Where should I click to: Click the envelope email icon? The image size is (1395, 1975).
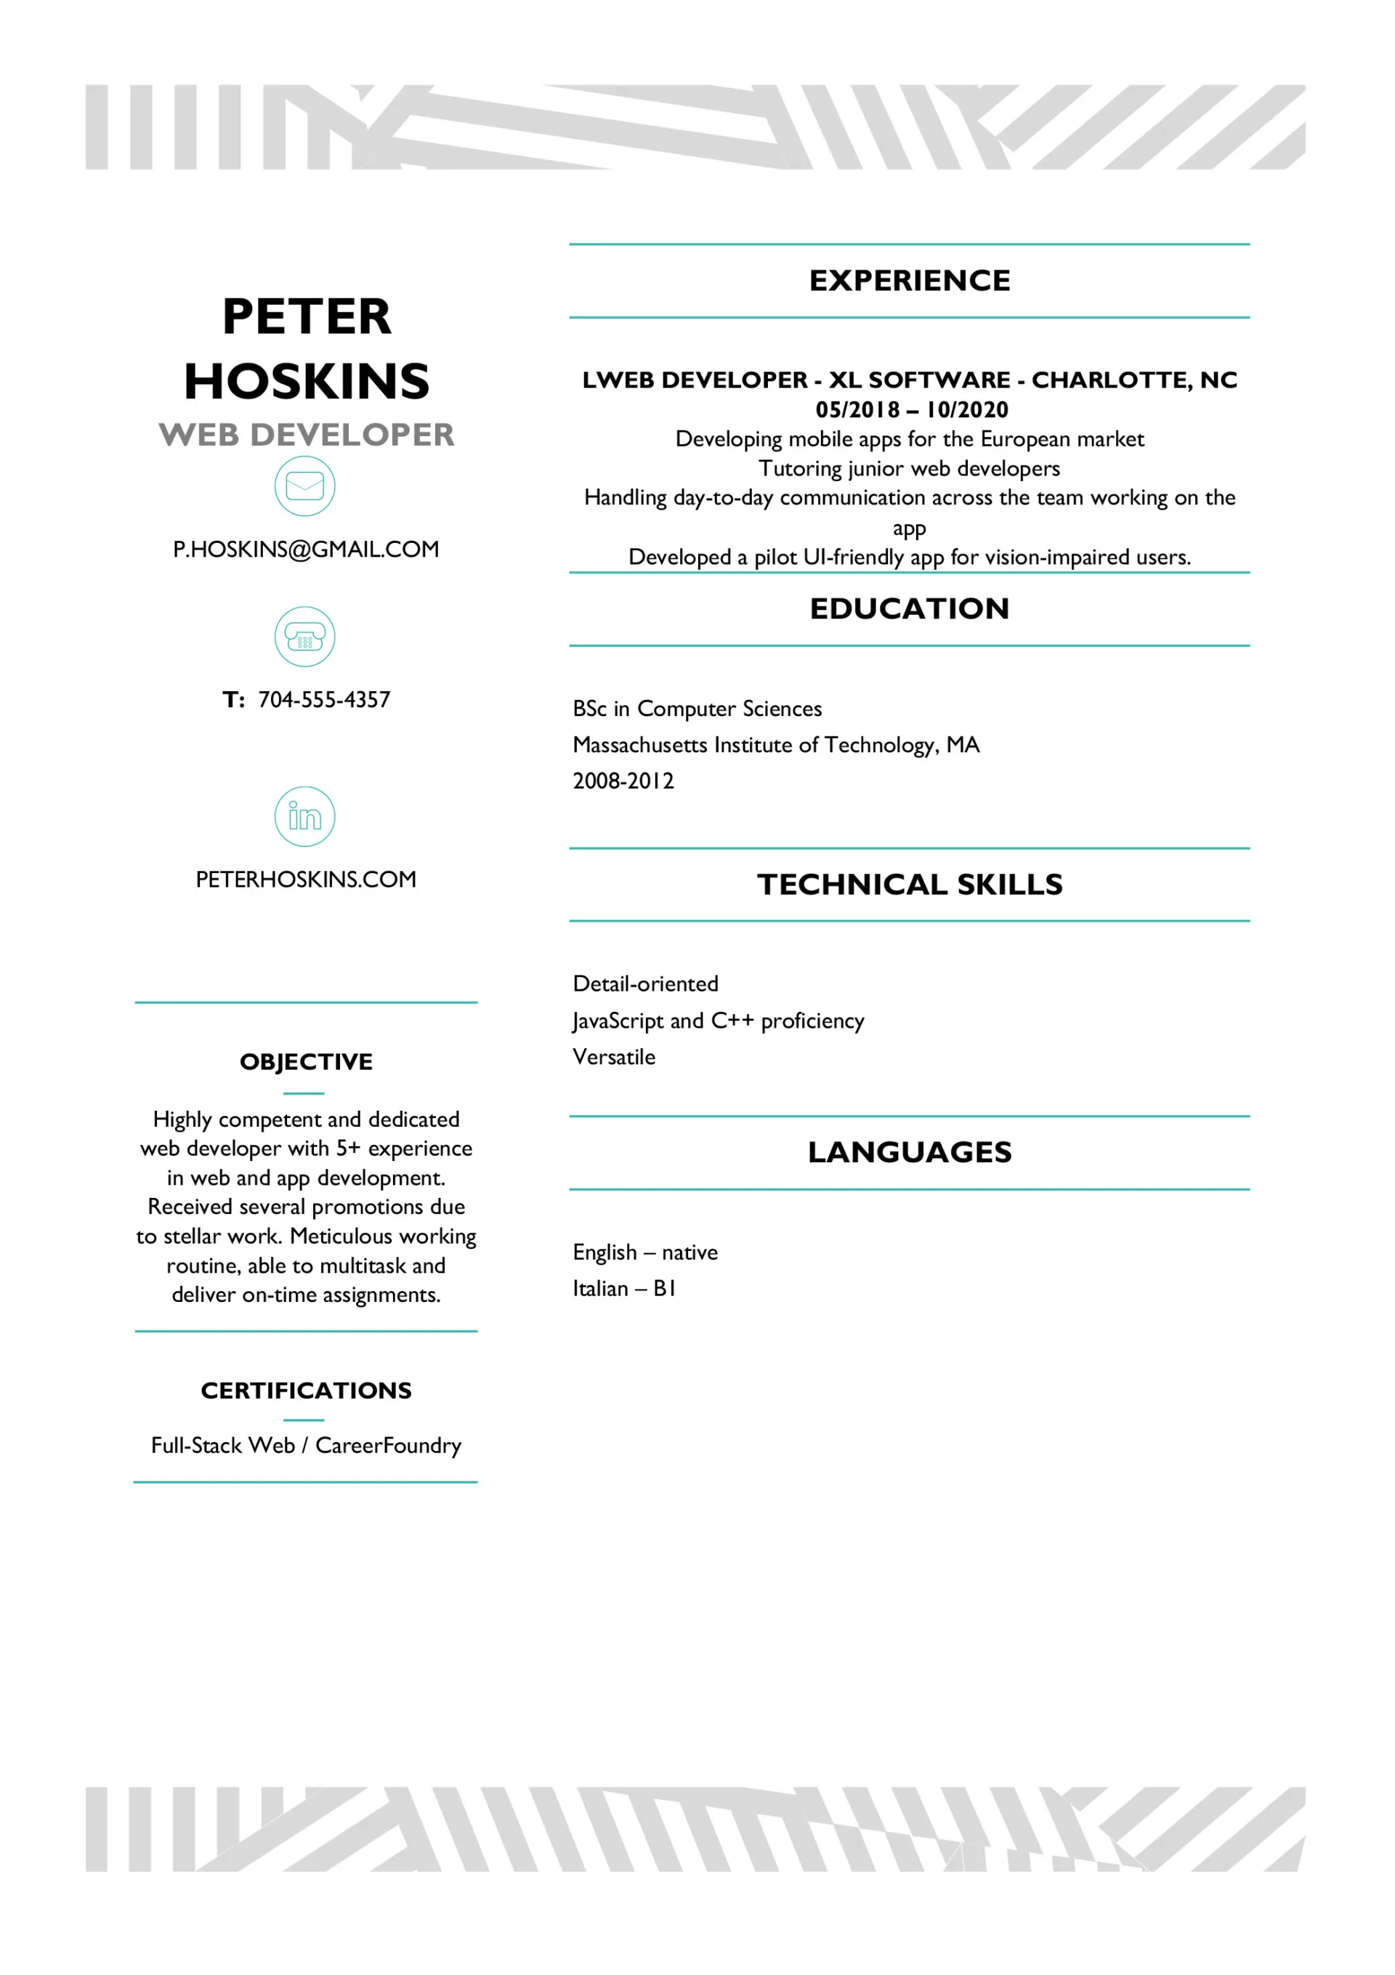304,486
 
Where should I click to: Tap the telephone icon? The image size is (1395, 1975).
304,637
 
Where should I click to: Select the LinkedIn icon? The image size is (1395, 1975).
304,816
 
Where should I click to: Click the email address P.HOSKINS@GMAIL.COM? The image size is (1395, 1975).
306,549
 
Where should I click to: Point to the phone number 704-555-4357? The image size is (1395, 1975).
323,699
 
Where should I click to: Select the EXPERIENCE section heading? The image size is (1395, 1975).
909,281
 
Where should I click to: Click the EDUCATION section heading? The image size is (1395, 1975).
909,608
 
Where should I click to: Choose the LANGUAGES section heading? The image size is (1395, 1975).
909,1152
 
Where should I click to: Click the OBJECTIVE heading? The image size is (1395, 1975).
306,1061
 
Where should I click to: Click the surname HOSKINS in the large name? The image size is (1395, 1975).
306,381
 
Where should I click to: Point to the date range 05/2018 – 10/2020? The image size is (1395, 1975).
912,409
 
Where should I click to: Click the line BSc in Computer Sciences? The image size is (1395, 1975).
697,709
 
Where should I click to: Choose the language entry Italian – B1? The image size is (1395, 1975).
624,1289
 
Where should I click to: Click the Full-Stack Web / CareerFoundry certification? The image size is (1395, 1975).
306,1446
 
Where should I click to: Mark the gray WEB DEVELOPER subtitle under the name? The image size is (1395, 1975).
306,435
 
